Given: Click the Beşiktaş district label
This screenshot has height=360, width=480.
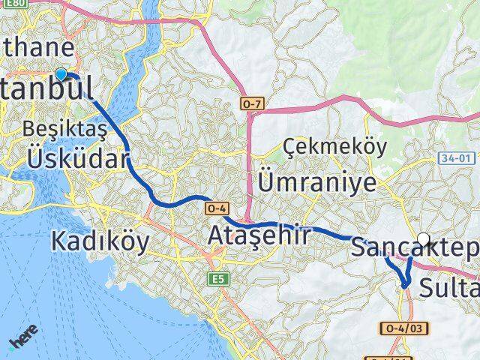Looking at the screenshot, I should tap(65, 128).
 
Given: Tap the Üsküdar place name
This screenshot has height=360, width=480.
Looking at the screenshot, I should tap(78, 158).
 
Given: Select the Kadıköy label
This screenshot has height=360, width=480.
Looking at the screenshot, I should tap(100, 241).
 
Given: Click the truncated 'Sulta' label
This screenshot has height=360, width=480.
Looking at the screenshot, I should tap(448, 286).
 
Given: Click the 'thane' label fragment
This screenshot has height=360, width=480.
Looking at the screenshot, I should tap(37, 49).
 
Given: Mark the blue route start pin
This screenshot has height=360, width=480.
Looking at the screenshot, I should tap(61, 73).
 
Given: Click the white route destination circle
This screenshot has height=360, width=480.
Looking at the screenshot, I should tap(424, 240).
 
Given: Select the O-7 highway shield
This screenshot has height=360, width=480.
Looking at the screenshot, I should tap(251, 101).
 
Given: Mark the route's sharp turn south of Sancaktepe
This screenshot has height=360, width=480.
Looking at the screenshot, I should tap(405, 285).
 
